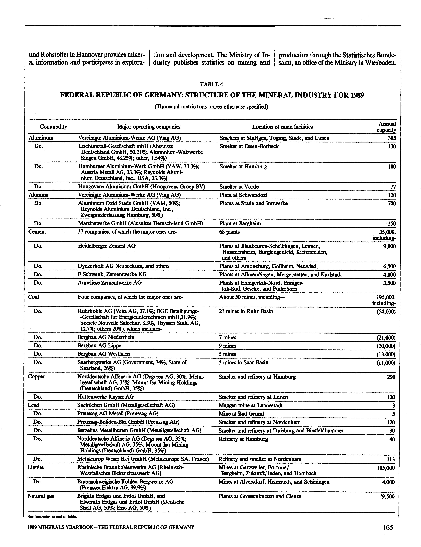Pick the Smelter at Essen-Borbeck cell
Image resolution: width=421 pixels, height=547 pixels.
coord(249,146)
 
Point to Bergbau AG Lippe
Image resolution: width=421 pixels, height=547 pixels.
coord(99,346)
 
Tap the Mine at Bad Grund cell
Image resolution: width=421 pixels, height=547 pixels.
coord(241,414)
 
